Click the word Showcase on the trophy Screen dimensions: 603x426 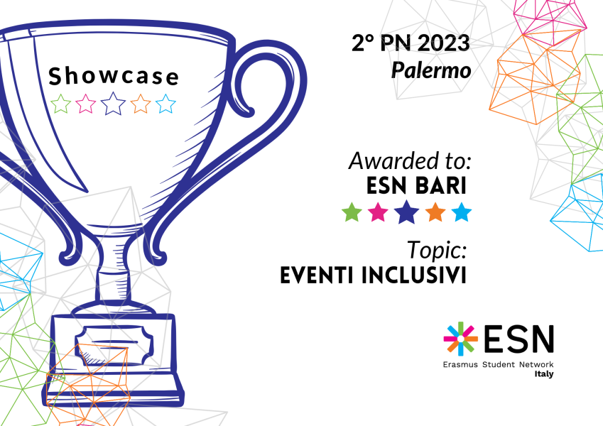tap(114, 76)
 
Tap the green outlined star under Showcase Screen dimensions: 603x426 tap(61, 104)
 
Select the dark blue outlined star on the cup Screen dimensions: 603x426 tap(113, 104)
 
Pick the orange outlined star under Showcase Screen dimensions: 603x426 tap(141, 104)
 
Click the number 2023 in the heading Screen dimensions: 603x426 tap(443, 43)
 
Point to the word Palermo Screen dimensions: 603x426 tap(431, 70)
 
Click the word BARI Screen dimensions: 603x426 tap(442, 186)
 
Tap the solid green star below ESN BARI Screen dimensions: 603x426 tap(352, 212)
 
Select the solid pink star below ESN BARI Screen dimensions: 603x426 tap(378, 212)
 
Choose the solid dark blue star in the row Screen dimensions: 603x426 tap(406, 212)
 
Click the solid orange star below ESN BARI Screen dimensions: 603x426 tap(435, 212)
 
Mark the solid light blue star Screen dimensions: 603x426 tap(462, 212)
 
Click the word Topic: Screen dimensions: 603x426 tap(437, 250)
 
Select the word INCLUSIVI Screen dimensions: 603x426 tap(414, 275)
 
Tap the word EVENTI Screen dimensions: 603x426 tap(317, 275)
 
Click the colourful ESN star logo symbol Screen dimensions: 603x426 tap(460, 339)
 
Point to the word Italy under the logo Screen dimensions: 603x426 tap(544, 374)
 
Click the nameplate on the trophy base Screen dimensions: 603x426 tap(114, 345)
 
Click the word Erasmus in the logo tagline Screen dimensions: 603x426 tap(460, 364)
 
